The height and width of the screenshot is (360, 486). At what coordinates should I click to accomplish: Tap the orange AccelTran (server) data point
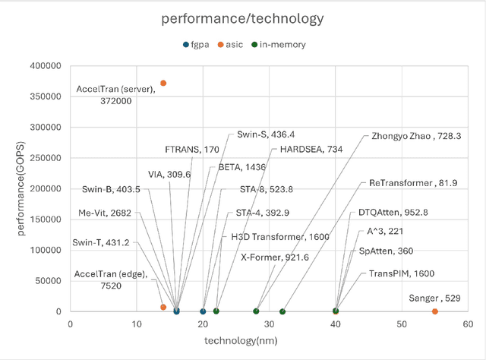[163, 83]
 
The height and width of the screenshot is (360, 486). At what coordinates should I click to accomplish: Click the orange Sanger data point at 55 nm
[435, 311]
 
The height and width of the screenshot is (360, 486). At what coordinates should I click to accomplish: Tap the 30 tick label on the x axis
[270, 324]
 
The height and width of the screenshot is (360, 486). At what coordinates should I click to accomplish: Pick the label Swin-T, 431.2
[101, 242]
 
